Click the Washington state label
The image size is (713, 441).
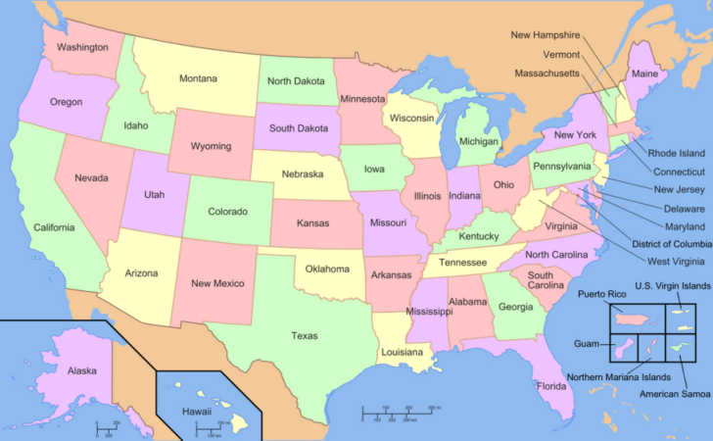point(82,46)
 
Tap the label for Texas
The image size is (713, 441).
point(304,335)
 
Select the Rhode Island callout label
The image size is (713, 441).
point(677,153)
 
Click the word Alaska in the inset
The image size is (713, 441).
point(81,371)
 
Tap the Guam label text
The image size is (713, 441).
point(587,344)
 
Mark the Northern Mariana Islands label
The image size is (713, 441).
point(617,377)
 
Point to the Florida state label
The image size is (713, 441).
point(551,386)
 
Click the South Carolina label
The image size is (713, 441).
point(546,280)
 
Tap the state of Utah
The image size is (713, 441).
point(155,195)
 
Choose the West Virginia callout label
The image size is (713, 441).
point(676,261)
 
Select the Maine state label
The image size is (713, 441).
point(644,74)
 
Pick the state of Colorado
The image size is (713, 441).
point(227,209)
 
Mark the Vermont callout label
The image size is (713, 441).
point(561,55)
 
